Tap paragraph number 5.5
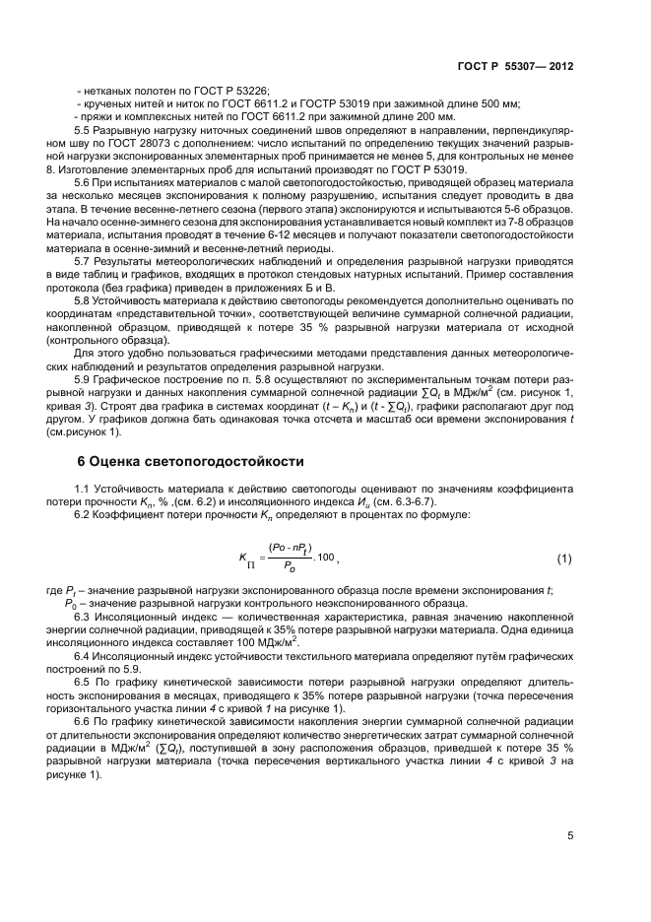click(85, 129)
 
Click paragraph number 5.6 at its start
click(85, 183)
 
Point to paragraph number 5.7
click(85, 261)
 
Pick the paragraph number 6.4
click(85, 654)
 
